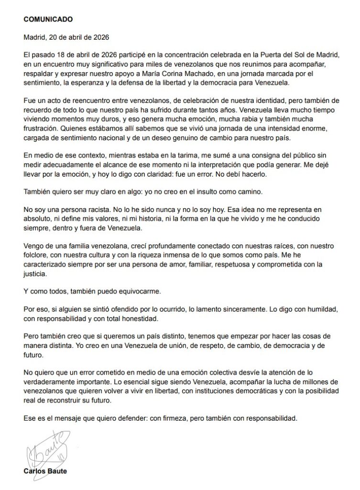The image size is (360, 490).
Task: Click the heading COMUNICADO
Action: [x=48, y=20]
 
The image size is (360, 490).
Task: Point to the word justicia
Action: [x=36, y=274]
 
